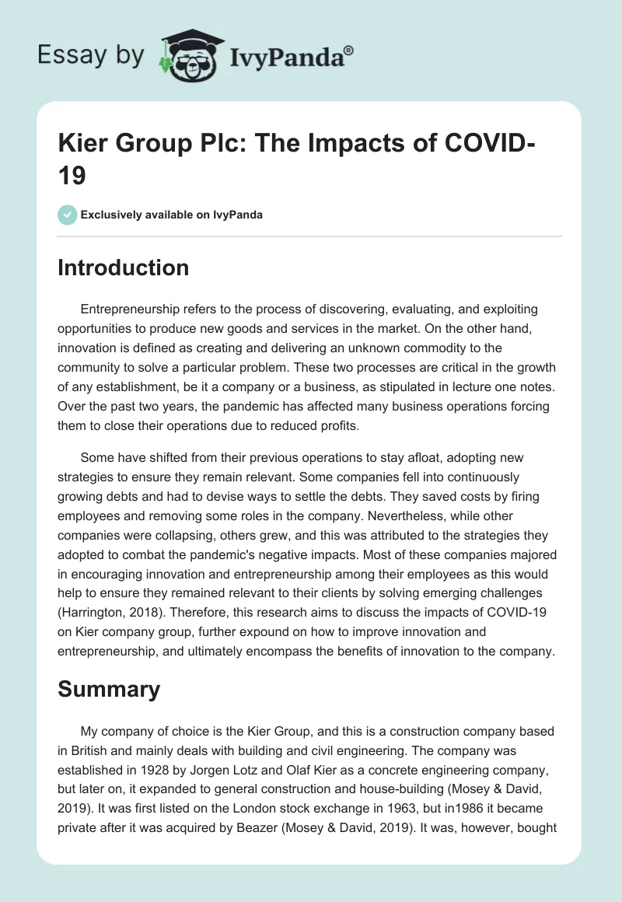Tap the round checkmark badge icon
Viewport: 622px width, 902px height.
point(68,215)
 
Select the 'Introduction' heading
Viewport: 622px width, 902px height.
point(124,267)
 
